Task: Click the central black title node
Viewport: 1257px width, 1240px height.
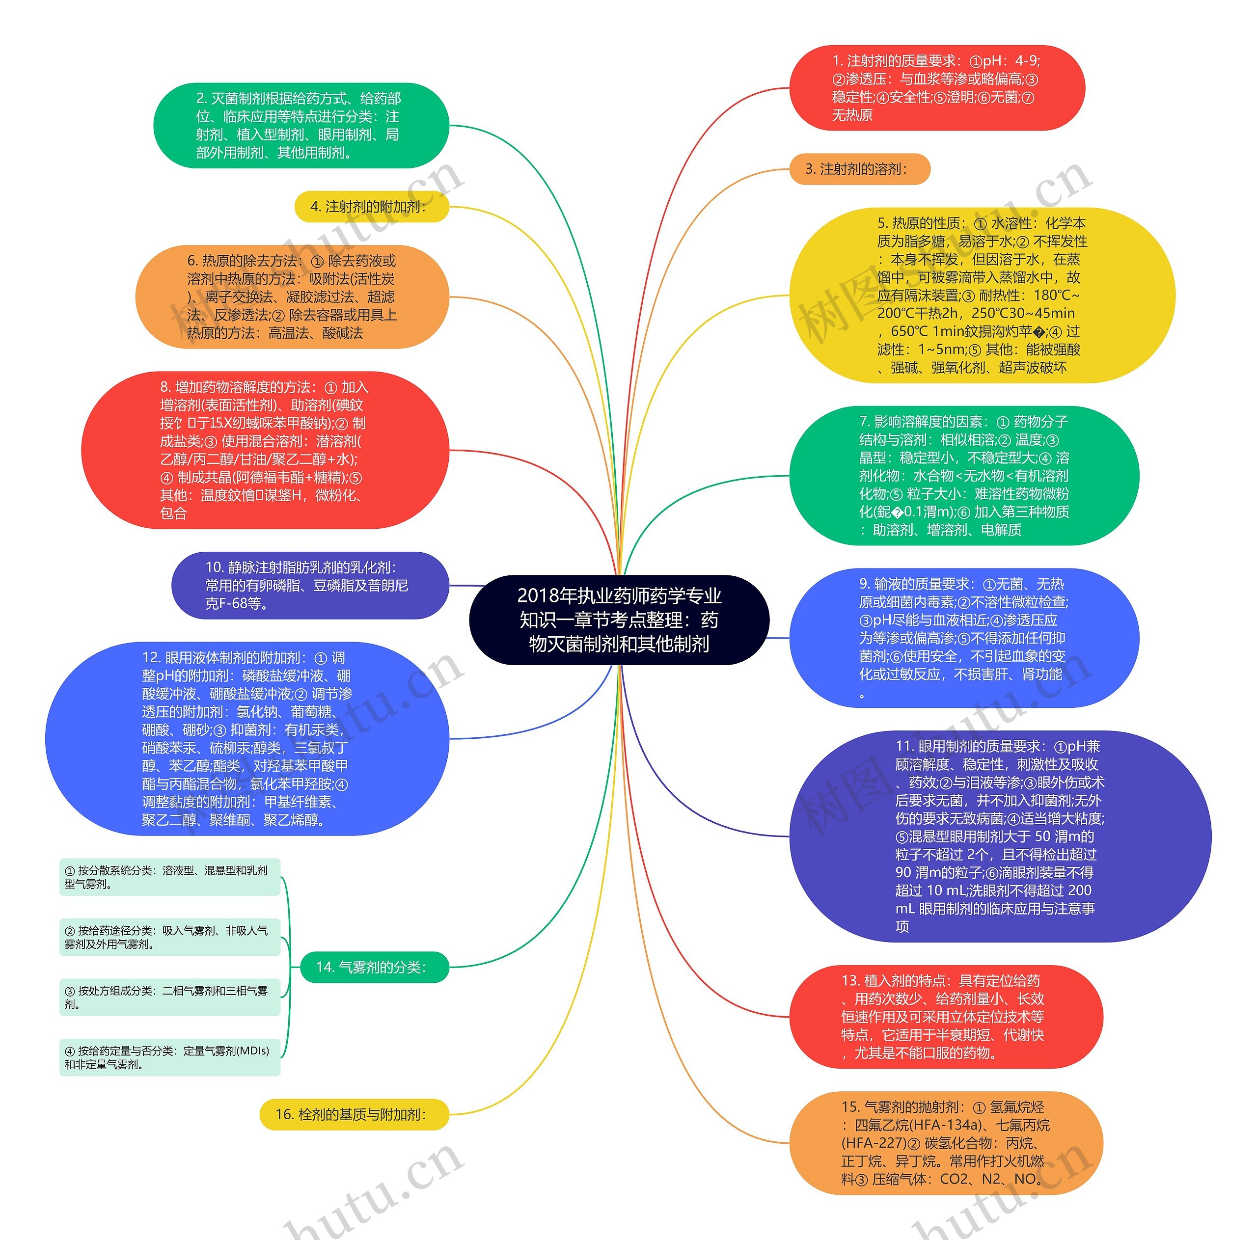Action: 618,620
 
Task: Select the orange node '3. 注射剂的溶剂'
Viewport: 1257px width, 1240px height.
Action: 859,169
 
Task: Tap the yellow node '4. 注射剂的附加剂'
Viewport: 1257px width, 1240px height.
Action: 371,207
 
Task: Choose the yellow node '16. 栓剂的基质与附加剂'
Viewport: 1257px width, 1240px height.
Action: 354,1114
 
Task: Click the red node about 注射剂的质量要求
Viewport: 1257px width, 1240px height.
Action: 936,88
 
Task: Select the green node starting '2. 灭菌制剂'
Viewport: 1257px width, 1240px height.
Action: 301,126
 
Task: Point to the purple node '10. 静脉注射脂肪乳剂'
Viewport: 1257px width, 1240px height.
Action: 310,586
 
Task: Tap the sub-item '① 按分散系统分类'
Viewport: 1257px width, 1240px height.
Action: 169,877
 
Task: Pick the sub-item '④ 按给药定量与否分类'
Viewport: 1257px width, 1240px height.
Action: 169,1057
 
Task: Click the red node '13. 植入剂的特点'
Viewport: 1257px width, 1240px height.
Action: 945,1016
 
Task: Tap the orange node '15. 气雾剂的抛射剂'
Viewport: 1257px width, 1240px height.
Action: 945,1143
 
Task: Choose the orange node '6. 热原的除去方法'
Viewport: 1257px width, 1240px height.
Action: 292,297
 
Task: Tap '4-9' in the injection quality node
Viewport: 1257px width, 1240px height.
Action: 1027,60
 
